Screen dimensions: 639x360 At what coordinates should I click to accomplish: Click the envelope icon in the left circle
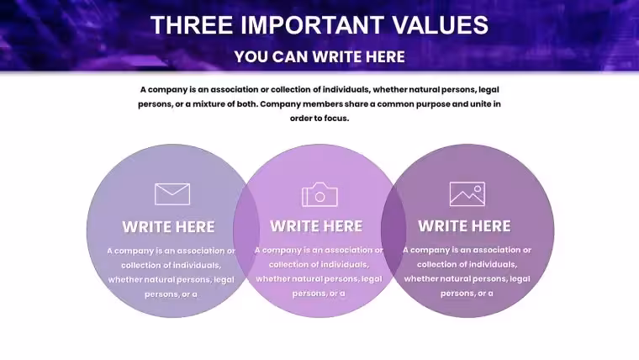[172, 194]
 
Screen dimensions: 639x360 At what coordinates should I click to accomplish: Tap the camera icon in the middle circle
[319, 194]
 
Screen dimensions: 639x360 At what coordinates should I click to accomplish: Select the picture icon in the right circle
[467, 194]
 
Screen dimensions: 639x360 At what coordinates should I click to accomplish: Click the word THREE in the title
[192, 25]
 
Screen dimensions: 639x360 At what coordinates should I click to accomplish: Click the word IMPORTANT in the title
[312, 25]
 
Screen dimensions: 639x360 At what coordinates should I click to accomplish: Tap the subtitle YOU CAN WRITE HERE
[319, 56]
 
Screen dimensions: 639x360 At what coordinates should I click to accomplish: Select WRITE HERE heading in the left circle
[168, 227]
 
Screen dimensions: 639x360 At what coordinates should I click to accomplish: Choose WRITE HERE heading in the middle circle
[316, 226]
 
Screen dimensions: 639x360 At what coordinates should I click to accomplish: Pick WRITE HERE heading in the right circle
[464, 226]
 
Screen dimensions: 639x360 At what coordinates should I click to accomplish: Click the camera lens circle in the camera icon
[319, 198]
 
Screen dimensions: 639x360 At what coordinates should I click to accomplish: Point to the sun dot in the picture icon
[478, 189]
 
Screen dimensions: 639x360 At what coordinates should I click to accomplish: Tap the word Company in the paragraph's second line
[280, 104]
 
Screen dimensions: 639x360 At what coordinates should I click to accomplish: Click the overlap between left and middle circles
[246, 230]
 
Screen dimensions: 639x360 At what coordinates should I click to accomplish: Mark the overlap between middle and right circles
[393, 230]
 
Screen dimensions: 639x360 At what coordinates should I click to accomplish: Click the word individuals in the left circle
[197, 266]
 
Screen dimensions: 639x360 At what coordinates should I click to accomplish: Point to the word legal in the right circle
[520, 279]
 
